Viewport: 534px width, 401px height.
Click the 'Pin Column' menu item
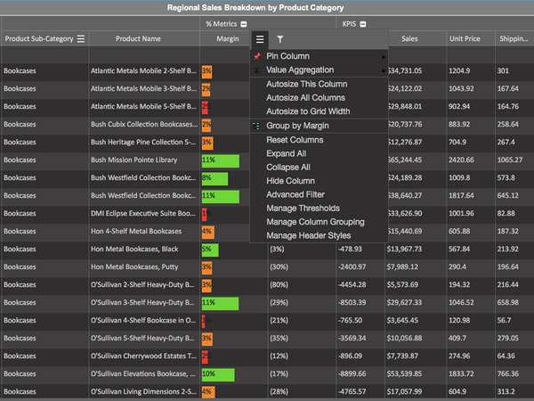(287, 56)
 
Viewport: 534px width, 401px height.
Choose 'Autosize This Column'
(306, 84)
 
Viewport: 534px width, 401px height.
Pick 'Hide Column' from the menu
(290, 181)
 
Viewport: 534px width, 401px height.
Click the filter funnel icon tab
(280, 39)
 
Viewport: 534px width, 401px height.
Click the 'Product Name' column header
(138, 39)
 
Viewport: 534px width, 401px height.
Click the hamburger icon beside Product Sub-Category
(81, 39)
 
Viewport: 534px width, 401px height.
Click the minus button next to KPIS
(364, 24)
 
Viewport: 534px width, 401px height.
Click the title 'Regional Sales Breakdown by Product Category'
(267, 8)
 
